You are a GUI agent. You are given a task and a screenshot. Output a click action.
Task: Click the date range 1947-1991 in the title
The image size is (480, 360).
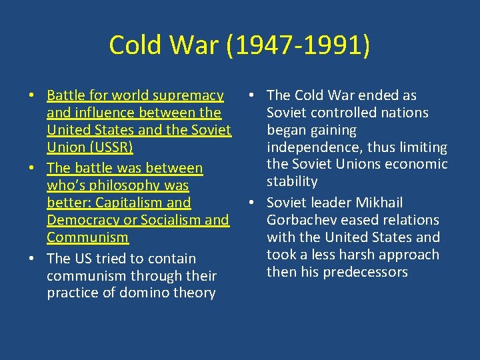tap(299, 45)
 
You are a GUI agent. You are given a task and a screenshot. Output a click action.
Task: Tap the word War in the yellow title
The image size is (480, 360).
tap(197, 45)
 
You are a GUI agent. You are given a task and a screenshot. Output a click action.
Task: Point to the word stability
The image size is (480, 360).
tap(292, 181)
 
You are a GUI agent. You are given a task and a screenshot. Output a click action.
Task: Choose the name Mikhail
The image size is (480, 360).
tap(378, 203)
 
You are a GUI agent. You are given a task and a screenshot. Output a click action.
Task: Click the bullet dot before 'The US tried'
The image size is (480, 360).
tap(32, 259)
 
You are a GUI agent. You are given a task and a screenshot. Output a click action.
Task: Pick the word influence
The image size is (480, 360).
tap(105, 113)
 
